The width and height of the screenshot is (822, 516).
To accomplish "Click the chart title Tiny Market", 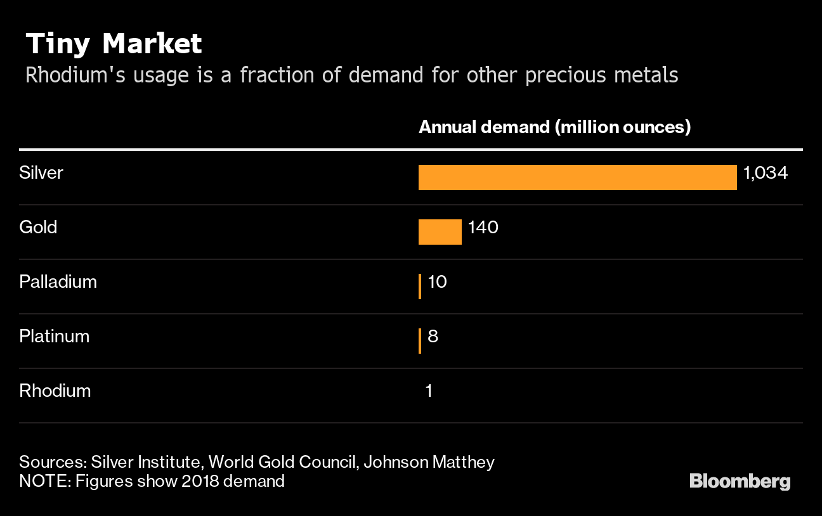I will [114, 44].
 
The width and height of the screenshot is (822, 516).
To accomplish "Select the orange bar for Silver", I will [577, 177].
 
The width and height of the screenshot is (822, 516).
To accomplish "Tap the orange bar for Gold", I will [440, 232].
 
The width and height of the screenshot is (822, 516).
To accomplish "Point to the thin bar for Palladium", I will [420, 287].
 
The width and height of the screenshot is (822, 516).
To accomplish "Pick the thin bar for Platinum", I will [420, 341].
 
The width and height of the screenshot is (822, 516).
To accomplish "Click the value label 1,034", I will [766, 173].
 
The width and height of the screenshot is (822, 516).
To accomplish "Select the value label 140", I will [483, 227].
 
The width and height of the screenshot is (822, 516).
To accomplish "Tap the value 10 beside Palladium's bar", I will [438, 281].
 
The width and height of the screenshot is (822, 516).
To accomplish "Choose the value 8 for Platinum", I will [433, 336].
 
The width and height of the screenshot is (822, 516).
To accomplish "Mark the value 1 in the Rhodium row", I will [429, 390].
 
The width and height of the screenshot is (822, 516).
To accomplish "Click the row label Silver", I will [41, 173].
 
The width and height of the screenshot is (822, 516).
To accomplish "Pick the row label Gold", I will [38, 227].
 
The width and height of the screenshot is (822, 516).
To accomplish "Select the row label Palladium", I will [58, 281].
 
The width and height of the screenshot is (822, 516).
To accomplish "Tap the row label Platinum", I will [55, 336].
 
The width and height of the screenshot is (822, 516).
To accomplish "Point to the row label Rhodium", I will [55, 390].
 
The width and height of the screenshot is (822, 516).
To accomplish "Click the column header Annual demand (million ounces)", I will [554, 127].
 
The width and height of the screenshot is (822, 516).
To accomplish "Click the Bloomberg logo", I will [740, 482].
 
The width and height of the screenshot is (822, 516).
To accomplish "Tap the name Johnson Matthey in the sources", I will [429, 462].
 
